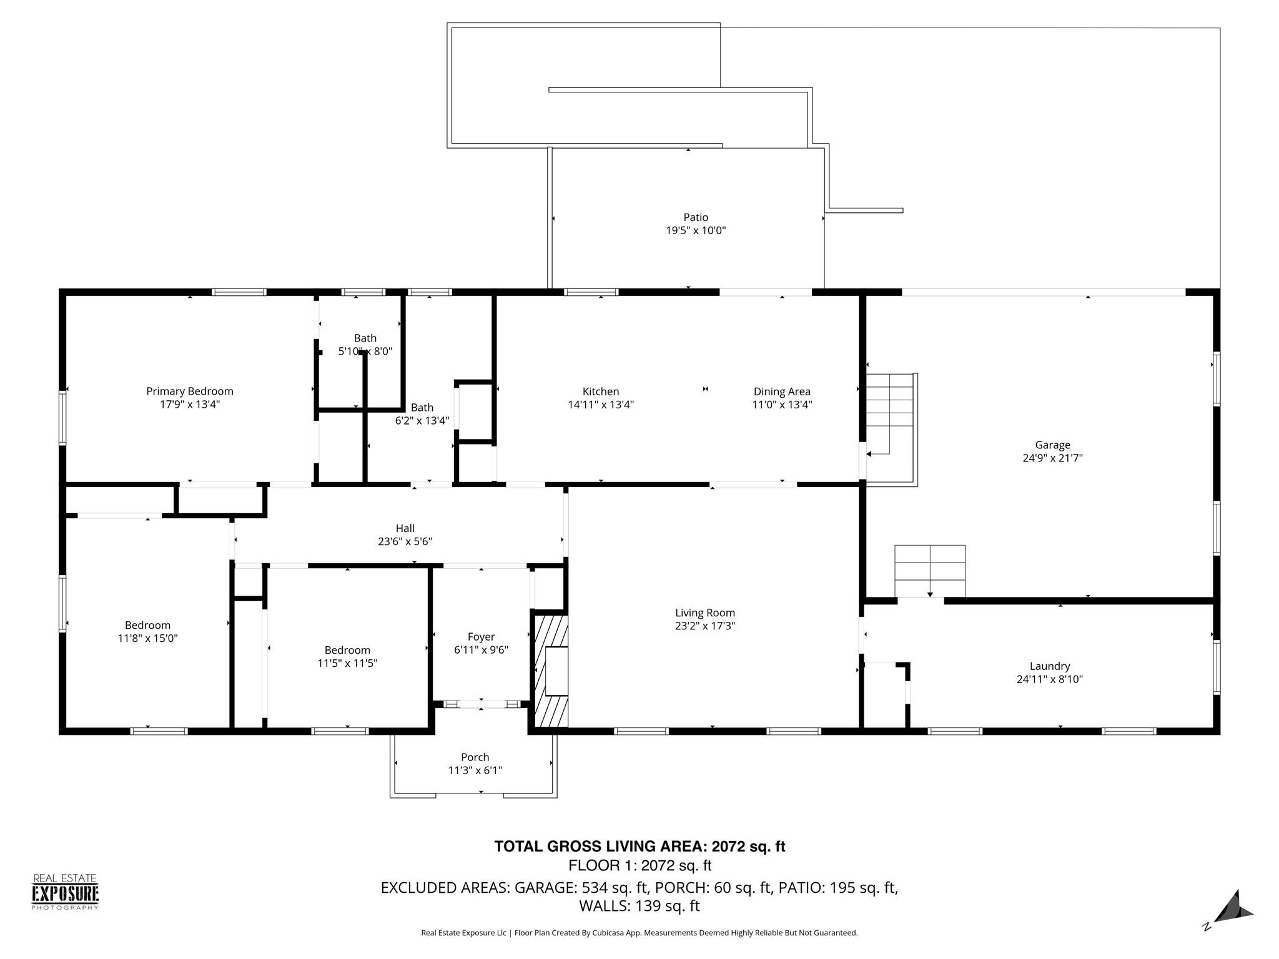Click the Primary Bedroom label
coord(190,391)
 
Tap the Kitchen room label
coord(601,391)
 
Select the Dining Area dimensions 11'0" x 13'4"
coord(782,405)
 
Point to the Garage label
coord(1053,445)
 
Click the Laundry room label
coord(1050,666)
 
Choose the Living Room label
coord(705,613)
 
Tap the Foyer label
coord(481,637)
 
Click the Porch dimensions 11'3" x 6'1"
coord(475,770)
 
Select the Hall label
coord(405,528)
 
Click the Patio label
coord(696,217)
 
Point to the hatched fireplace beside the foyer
coord(550,671)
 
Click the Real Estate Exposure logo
coord(66,892)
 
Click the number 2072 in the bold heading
coord(729,847)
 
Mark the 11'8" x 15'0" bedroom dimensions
coord(147,638)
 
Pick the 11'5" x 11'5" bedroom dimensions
coord(347,663)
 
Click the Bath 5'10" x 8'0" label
coord(365,345)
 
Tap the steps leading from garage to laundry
coord(930,571)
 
